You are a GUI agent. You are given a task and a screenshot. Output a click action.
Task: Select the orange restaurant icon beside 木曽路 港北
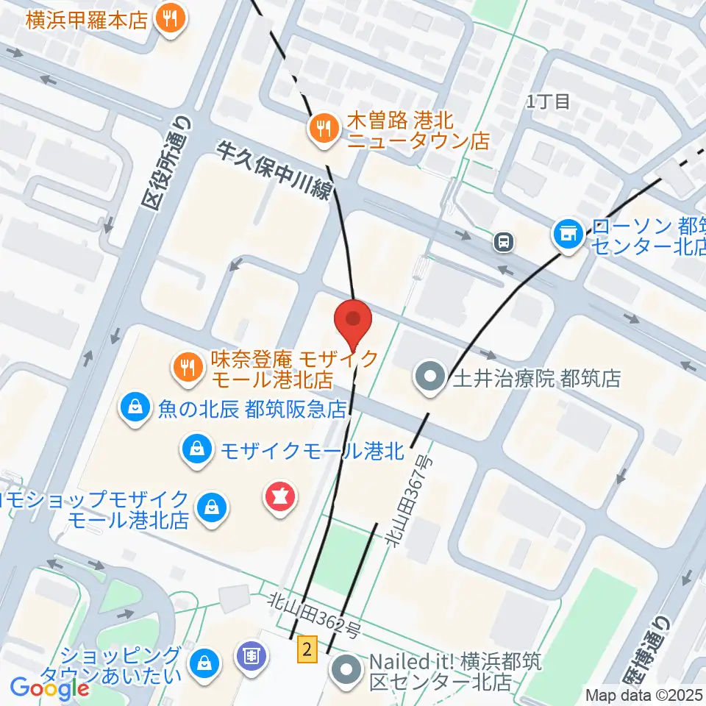(322, 130)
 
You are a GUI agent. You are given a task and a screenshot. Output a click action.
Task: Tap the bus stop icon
(504, 240)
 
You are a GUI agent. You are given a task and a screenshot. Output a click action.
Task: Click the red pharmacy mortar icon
(280, 499)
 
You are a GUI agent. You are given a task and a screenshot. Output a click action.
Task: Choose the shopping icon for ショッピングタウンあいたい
(204, 660)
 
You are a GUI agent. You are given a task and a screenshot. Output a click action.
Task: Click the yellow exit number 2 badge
(308, 649)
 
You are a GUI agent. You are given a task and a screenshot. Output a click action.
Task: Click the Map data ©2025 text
(644, 694)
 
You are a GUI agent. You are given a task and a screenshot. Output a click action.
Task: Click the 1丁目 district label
(548, 101)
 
